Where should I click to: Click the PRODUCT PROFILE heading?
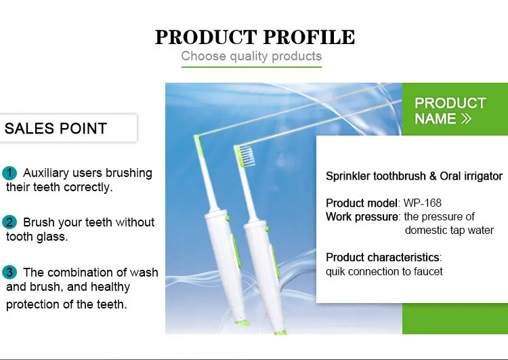click(255, 37)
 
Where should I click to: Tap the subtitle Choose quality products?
click(251, 56)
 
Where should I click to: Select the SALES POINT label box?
click(68, 128)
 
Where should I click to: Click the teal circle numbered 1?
click(9, 173)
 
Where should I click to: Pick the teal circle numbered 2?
click(9, 222)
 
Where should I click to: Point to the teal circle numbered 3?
click(9, 273)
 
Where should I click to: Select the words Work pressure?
click(362, 217)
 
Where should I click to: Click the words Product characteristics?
click(383, 258)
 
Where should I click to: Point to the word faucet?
click(426, 271)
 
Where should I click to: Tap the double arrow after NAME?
click(466, 119)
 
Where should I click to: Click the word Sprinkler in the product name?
click(349, 176)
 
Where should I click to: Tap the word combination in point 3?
click(78, 273)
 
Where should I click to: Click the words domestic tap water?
click(449, 231)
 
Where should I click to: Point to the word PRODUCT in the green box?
click(450, 103)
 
